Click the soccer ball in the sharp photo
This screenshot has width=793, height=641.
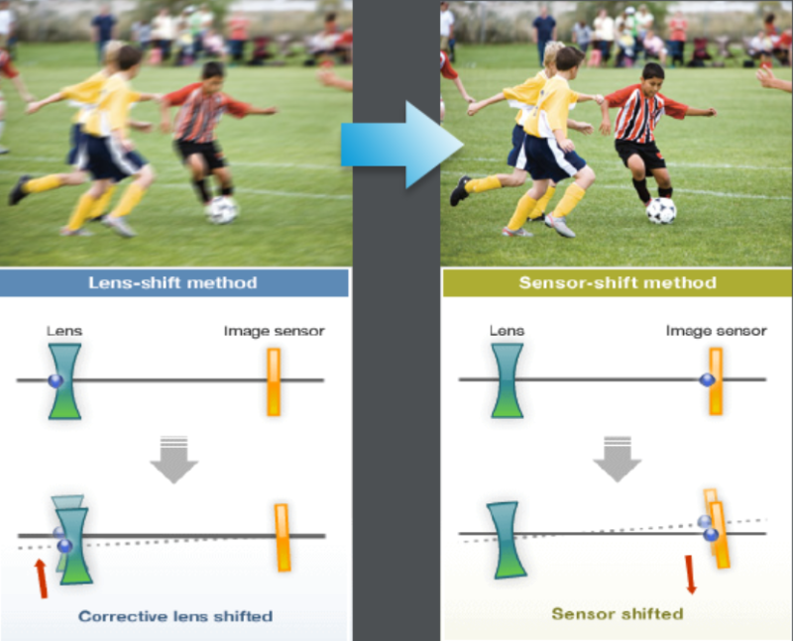tap(661, 211)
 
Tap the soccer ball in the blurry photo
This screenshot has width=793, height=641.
tap(221, 210)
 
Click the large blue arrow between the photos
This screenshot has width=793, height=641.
tap(402, 145)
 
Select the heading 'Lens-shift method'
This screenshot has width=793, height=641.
tap(172, 282)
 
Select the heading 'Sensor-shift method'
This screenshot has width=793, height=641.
tap(618, 282)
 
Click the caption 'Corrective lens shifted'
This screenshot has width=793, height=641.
tap(175, 616)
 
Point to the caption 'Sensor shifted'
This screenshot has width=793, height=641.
tap(618, 613)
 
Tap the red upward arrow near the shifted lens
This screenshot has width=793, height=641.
tap(41, 579)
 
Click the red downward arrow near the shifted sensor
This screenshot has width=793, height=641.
tap(690, 575)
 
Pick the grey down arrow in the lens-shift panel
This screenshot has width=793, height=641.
tap(174, 460)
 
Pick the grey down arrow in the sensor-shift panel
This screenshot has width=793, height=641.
tap(618, 459)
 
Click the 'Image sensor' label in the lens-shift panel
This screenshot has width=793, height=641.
tap(275, 331)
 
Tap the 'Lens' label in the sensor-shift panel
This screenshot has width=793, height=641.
tap(507, 331)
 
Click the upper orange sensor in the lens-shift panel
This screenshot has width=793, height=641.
tap(274, 382)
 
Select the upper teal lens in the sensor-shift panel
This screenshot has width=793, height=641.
tap(508, 380)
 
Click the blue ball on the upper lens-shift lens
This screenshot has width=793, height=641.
tap(56, 380)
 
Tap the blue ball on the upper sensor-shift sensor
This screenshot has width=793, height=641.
tap(707, 379)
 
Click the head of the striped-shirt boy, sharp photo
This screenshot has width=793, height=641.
tap(653, 77)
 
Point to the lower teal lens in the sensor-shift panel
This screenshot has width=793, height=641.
tap(507, 540)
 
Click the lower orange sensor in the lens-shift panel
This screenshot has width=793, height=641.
tap(283, 538)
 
